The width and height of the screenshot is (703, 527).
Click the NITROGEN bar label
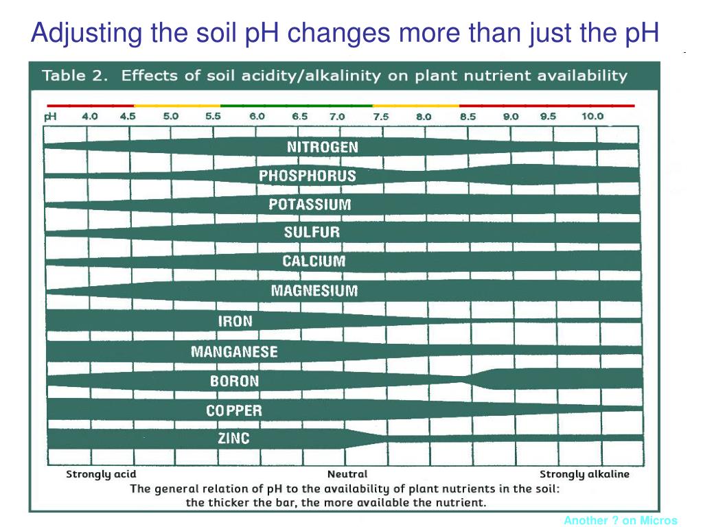coord(322,147)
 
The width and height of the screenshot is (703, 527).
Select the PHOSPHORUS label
coord(307,176)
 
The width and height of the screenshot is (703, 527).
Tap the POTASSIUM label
coord(310,204)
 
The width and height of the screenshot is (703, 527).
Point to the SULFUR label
coord(312,232)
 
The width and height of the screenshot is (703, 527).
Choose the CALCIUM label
coord(314,261)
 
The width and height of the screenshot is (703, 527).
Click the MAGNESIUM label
coord(314,290)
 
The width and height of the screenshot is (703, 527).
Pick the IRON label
coord(235,321)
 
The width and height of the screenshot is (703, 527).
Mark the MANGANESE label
coord(234,352)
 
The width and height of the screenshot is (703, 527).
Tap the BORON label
coord(234,381)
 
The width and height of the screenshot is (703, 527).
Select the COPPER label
coord(233,411)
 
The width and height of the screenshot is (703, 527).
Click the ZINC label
coord(233,438)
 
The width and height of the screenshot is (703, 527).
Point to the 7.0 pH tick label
coord(337,117)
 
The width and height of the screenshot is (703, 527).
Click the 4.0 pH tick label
coord(90,116)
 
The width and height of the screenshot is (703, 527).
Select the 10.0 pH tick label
coord(592,116)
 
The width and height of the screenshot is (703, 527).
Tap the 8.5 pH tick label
coord(468,117)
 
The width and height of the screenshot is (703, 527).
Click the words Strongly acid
coord(101,474)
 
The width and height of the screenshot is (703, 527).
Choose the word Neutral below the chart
coord(347,474)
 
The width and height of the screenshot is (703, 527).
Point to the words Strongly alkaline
coord(584,474)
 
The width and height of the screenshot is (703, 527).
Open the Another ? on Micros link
coord(621,520)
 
